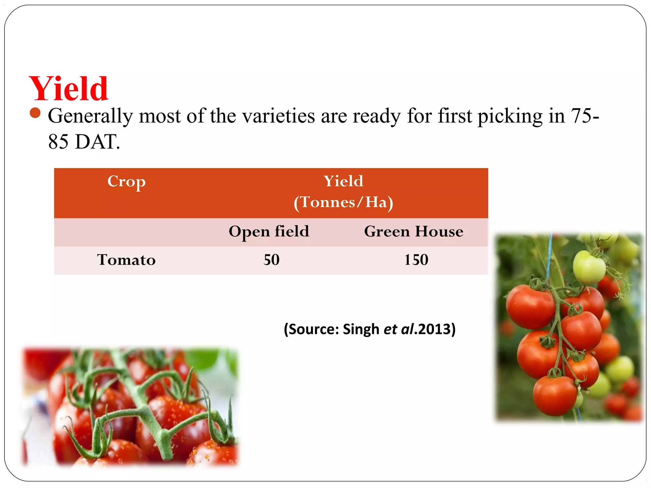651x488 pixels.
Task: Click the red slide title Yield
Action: click(x=69, y=89)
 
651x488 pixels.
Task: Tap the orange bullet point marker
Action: click(x=35, y=113)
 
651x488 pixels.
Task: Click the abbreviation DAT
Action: click(x=98, y=142)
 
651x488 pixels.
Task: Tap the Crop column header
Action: click(x=126, y=182)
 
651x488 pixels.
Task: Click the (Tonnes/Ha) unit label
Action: click(x=343, y=202)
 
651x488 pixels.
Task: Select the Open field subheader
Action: click(x=269, y=231)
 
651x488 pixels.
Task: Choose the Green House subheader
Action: click(x=414, y=231)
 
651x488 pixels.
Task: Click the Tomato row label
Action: click(x=126, y=260)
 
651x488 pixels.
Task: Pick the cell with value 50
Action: click(x=271, y=260)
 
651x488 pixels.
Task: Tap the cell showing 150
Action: click(x=416, y=260)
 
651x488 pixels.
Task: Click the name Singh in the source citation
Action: click(x=361, y=329)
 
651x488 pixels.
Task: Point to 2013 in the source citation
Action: click(x=435, y=329)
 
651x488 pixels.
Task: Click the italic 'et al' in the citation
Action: click(x=399, y=329)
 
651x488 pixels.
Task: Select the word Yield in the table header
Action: click(x=343, y=181)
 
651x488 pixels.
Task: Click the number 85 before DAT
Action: click(x=58, y=142)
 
